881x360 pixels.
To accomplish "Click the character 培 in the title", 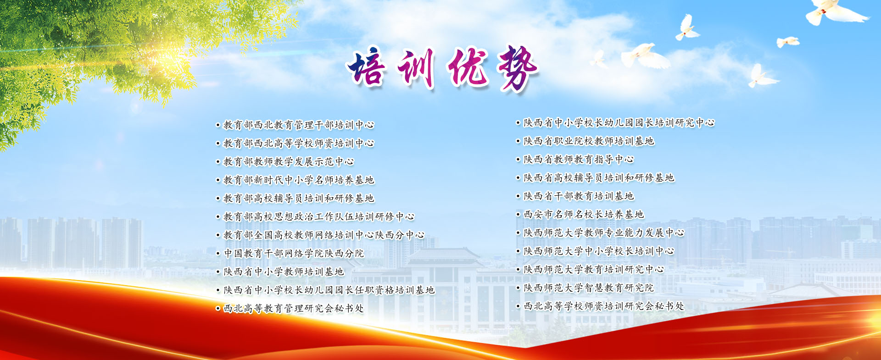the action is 367,68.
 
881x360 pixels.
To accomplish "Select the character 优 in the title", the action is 467,68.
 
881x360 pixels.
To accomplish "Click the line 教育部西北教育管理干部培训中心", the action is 299,125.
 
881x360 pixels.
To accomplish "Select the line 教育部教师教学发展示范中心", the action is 289,161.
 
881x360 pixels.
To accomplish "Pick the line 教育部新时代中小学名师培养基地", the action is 299,180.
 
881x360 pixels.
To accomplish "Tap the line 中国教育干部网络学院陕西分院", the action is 294,253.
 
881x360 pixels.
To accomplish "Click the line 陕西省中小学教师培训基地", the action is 284,271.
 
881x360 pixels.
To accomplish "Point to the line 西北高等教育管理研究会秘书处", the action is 294,308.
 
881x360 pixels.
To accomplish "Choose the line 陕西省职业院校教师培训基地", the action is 589,141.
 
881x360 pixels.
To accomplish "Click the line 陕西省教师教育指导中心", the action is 579,159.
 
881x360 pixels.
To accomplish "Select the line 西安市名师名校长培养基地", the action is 584,214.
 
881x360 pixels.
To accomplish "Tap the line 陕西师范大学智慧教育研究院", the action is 589,288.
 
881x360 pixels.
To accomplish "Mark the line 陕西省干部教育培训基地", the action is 579,196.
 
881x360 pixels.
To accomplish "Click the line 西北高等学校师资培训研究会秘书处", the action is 604,306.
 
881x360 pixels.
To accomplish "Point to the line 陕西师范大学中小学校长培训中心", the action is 599,251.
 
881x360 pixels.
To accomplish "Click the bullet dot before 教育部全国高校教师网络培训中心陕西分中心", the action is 218,235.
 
